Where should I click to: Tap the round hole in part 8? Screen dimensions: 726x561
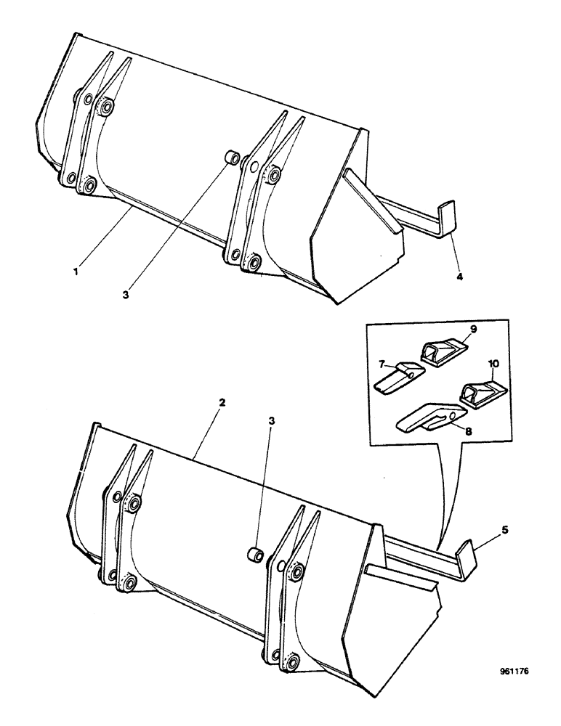(x=452, y=415)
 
